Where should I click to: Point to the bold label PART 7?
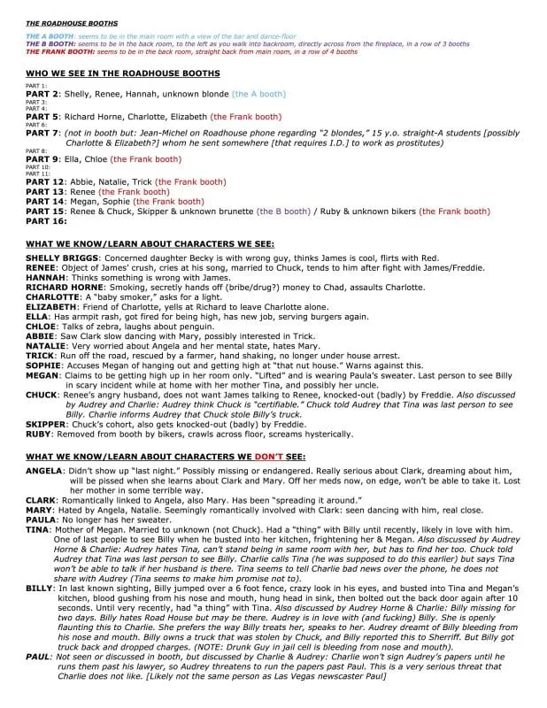click(x=42, y=133)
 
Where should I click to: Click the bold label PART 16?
click(x=44, y=220)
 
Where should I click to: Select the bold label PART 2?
click(x=42, y=93)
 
